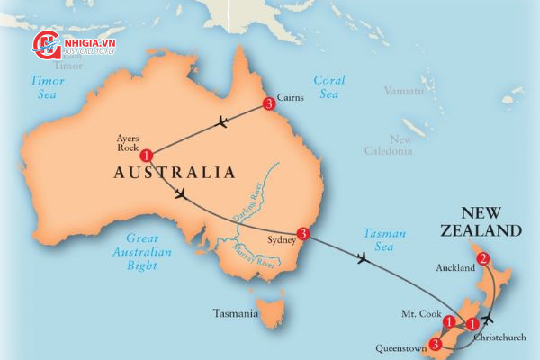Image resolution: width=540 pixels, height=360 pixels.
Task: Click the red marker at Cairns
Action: point(268,105)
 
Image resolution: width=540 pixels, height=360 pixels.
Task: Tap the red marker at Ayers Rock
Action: point(147,155)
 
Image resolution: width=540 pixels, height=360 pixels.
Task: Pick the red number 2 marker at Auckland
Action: point(483,259)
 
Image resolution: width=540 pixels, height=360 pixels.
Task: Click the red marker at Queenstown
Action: point(436,343)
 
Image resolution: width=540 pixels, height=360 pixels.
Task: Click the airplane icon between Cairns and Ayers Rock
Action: point(221,123)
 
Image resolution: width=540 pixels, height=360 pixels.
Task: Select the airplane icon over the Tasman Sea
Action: point(362,259)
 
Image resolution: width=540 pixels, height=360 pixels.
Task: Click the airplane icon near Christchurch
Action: point(488,318)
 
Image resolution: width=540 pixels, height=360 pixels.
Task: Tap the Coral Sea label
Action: point(329,86)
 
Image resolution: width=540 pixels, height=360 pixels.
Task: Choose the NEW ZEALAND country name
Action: point(490,221)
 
